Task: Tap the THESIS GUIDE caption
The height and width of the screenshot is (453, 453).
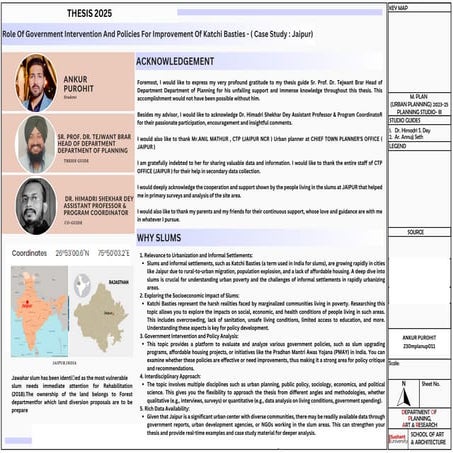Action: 84,169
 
